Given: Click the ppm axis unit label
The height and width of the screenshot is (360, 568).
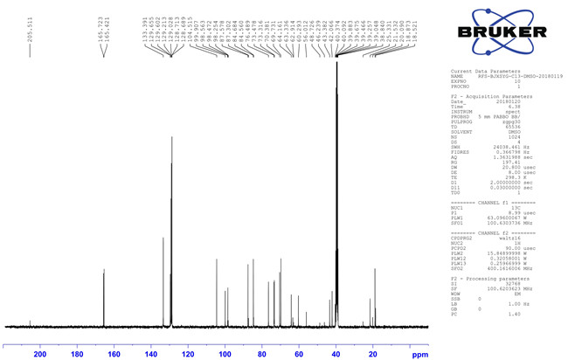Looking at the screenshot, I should pyautogui.click(x=420, y=355).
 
